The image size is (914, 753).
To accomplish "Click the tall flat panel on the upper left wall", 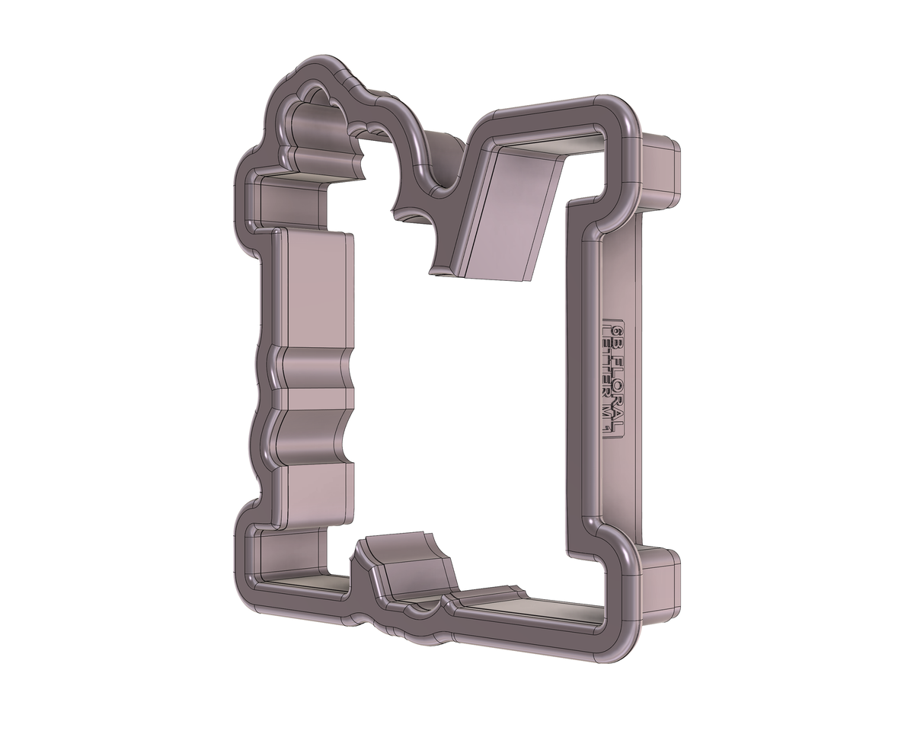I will click(x=314, y=289).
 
